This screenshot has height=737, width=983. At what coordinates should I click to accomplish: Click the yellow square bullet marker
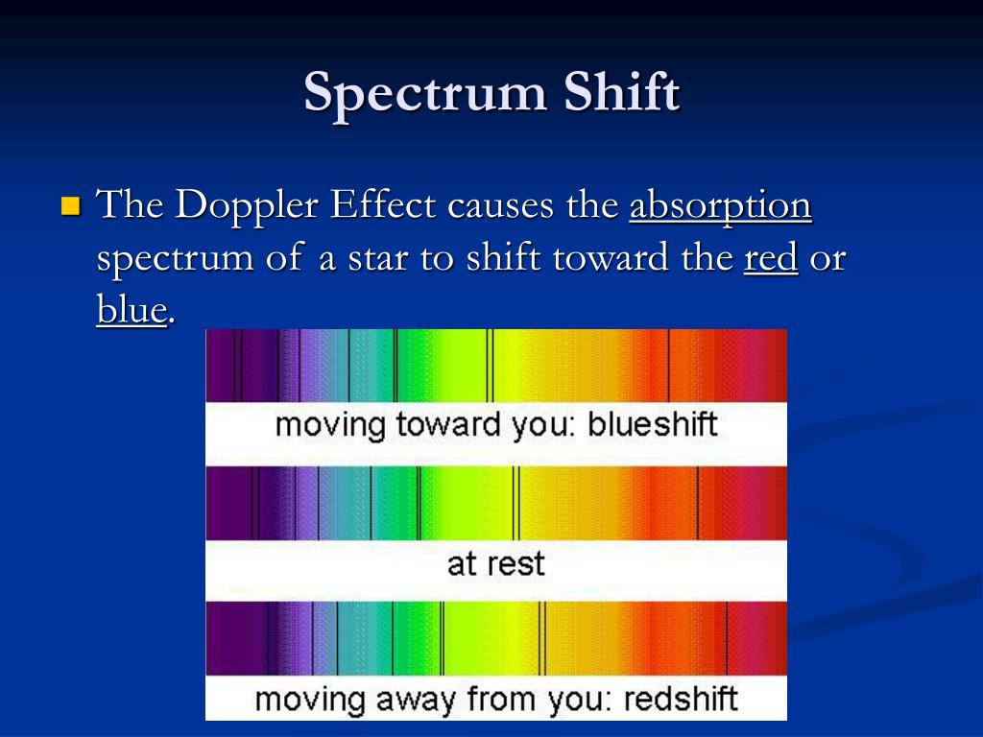(x=70, y=205)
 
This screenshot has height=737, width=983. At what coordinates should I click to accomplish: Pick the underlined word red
(x=771, y=258)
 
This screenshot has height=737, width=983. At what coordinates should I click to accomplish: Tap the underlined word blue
(x=132, y=309)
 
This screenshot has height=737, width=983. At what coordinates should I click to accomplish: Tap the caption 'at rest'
(x=495, y=562)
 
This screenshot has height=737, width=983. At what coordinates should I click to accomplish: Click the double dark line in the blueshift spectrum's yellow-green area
(x=490, y=365)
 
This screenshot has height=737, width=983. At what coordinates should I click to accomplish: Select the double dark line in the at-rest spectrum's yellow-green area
(x=515, y=503)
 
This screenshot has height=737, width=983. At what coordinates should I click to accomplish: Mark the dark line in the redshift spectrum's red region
(x=727, y=638)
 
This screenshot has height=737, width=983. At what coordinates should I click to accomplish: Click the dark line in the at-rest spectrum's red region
(x=698, y=503)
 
